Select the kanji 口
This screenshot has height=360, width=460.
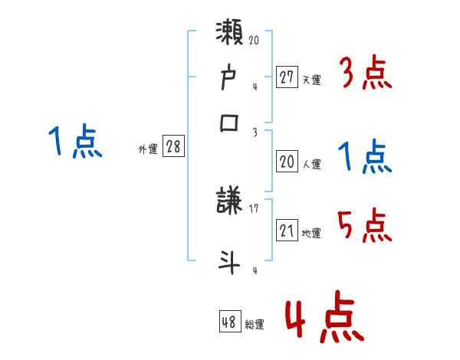[x=231, y=122]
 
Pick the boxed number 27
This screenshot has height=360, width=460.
[x=287, y=77]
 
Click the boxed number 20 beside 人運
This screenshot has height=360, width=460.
[x=287, y=162]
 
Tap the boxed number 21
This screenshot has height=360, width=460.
[x=287, y=231]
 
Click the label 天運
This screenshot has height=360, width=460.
[x=310, y=79]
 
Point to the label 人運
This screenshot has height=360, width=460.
[x=311, y=164]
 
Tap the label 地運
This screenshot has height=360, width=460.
[x=311, y=233]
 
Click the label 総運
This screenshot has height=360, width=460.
[x=254, y=324]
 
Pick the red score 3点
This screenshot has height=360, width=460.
[x=366, y=74]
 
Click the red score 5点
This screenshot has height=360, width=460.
[x=366, y=225]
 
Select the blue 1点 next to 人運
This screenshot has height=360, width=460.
[x=366, y=157]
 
